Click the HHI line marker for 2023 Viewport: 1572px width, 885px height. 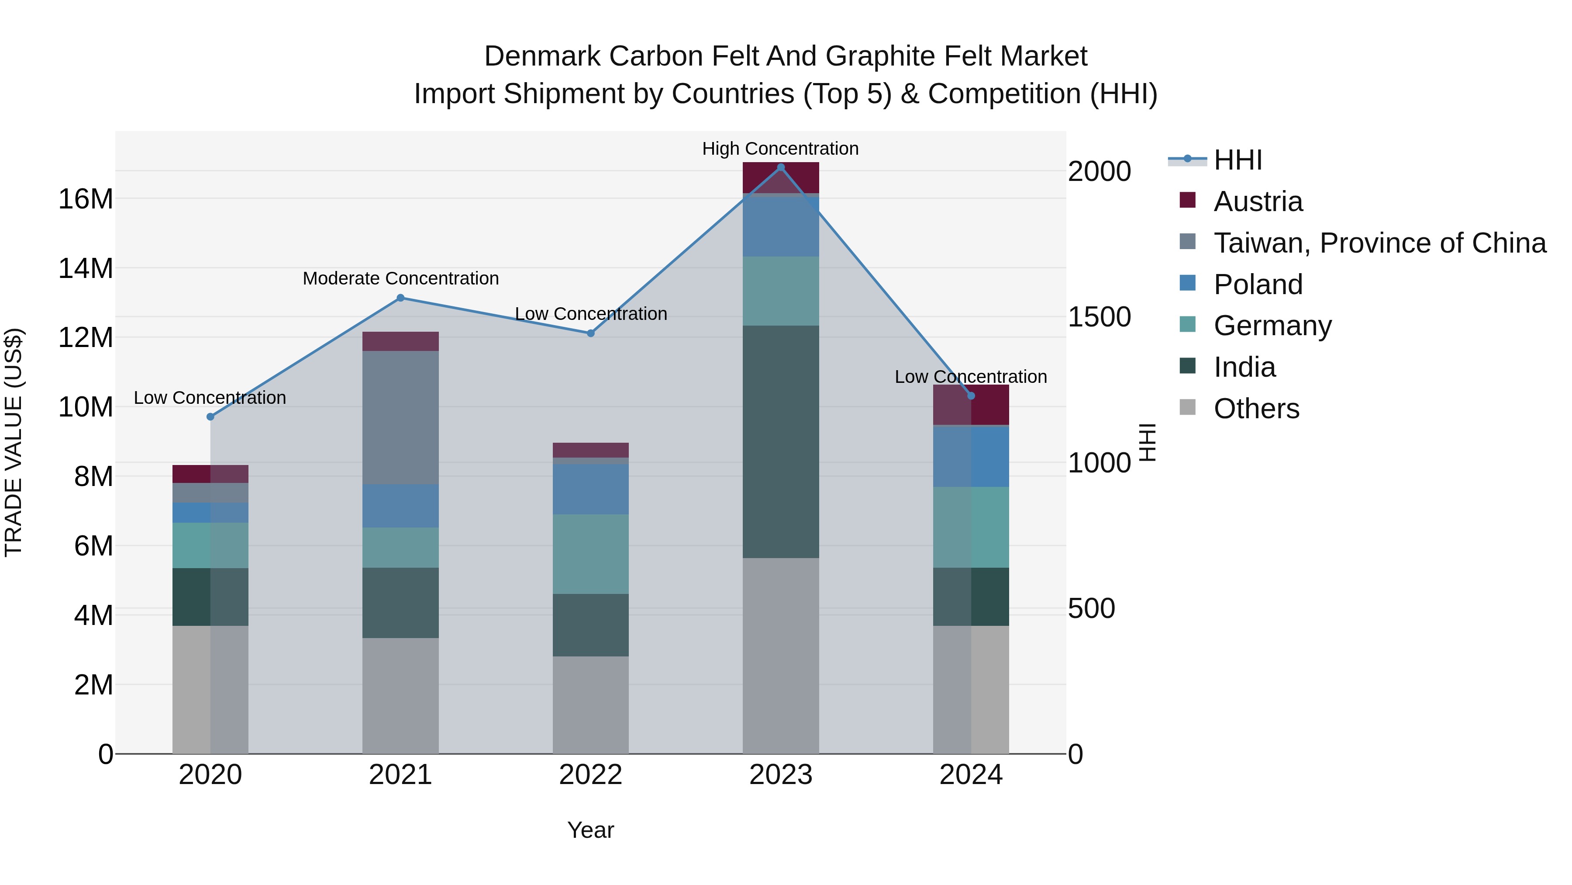[780, 167]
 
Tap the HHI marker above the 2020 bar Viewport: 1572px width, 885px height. [210, 416]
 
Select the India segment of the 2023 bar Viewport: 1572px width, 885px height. [780, 441]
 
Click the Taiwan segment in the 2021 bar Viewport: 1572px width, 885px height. [400, 417]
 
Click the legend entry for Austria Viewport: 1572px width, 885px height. [1257, 201]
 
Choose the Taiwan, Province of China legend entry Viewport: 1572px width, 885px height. [1379, 243]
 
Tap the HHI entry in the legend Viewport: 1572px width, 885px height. [1237, 160]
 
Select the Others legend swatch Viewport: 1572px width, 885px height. [1188, 407]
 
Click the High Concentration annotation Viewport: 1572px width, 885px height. [780, 149]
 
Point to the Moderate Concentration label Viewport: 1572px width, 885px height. [400, 278]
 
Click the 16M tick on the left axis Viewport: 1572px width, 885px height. [86, 199]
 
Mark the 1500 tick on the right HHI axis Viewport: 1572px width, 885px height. [1099, 316]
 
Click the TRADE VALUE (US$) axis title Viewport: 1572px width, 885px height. [14, 442]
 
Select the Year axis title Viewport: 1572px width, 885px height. [590, 830]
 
